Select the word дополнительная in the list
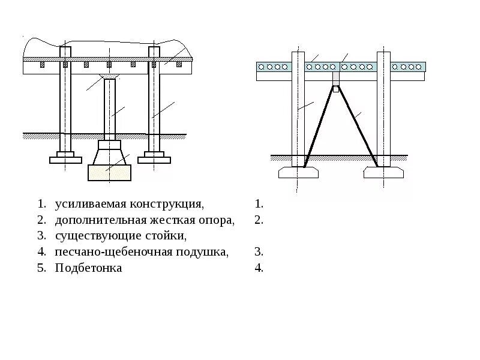pos(98,220)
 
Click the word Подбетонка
pos(88,268)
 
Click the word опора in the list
pos(215,220)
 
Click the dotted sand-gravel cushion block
pos(109,173)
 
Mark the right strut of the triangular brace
pos(356,126)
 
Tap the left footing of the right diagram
pos(298,173)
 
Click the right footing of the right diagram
pos(383,173)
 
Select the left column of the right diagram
pos(298,108)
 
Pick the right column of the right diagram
pos(383,108)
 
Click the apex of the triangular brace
pos(337,88)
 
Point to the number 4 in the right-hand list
pos(259,268)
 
